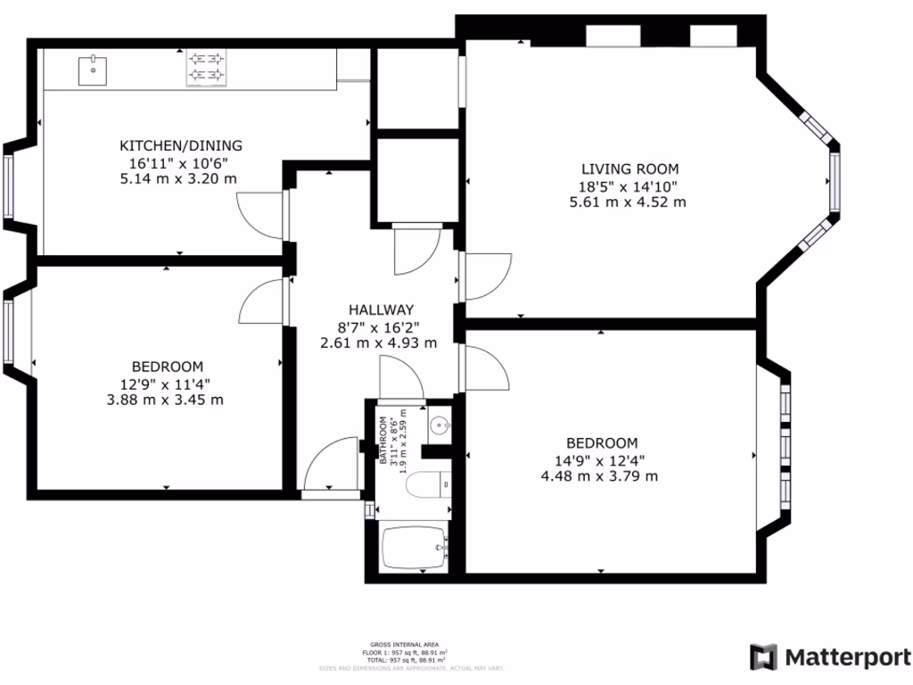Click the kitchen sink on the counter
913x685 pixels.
[92, 69]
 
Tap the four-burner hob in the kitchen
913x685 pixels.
[206, 69]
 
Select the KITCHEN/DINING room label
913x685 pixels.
[181, 145]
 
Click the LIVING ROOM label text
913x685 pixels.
[629, 169]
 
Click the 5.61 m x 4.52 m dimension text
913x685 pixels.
[628, 202]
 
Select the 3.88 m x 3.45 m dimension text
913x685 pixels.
[165, 400]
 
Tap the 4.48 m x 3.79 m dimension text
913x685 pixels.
[600, 476]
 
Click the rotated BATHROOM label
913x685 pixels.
[385, 441]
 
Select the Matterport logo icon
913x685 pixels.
[763, 657]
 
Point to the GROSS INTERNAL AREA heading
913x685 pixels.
[405, 644]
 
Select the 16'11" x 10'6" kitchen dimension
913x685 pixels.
[179, 162]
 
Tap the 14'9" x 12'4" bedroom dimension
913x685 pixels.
[600, 460]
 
